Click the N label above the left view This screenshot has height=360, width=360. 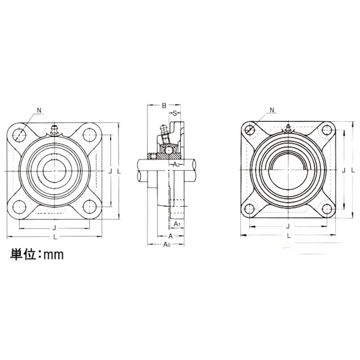40,110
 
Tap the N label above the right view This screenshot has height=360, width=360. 273,110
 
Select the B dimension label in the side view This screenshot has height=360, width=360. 164,106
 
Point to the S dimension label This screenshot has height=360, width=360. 175,113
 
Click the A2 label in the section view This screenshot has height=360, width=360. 176,165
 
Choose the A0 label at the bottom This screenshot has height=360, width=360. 167,245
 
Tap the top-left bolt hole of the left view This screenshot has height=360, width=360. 20,134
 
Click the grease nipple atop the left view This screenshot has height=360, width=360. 55,129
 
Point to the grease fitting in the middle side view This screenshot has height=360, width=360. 163,133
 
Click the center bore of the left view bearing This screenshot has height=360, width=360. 54,171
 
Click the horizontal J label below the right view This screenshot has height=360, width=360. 288,227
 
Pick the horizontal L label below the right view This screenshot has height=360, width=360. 288,235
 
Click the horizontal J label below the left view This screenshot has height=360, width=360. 55,228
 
